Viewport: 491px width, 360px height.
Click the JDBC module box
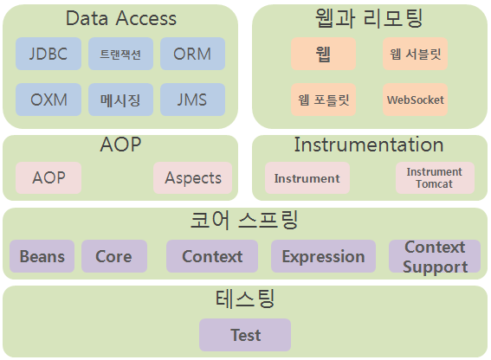point(48,54)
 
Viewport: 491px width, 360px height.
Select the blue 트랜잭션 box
point(120,54)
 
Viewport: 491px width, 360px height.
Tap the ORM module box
point(192,54)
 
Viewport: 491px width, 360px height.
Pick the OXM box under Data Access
point(48,100)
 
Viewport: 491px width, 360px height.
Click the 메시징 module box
point(120,100)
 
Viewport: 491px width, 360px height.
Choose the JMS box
point(192,100)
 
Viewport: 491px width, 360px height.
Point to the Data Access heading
point(121,18)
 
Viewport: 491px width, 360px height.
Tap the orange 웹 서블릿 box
point(415,54)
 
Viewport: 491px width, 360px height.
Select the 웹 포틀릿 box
point(324,100)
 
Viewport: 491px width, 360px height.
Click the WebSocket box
point(415,100)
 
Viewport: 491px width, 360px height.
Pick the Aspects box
point(192,177)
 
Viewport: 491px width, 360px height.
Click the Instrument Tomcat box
point(435,177)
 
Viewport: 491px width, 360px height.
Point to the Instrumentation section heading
point(369,145)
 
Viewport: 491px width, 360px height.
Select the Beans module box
point(42,256)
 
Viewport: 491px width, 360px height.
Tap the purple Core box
point(114,256)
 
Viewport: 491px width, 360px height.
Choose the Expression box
point(324,256)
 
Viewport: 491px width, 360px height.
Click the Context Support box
point(435,256)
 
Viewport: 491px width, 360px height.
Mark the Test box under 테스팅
point(245,335)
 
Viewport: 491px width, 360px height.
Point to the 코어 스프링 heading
point(244,220)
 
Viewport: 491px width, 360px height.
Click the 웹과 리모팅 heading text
point(369,18)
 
